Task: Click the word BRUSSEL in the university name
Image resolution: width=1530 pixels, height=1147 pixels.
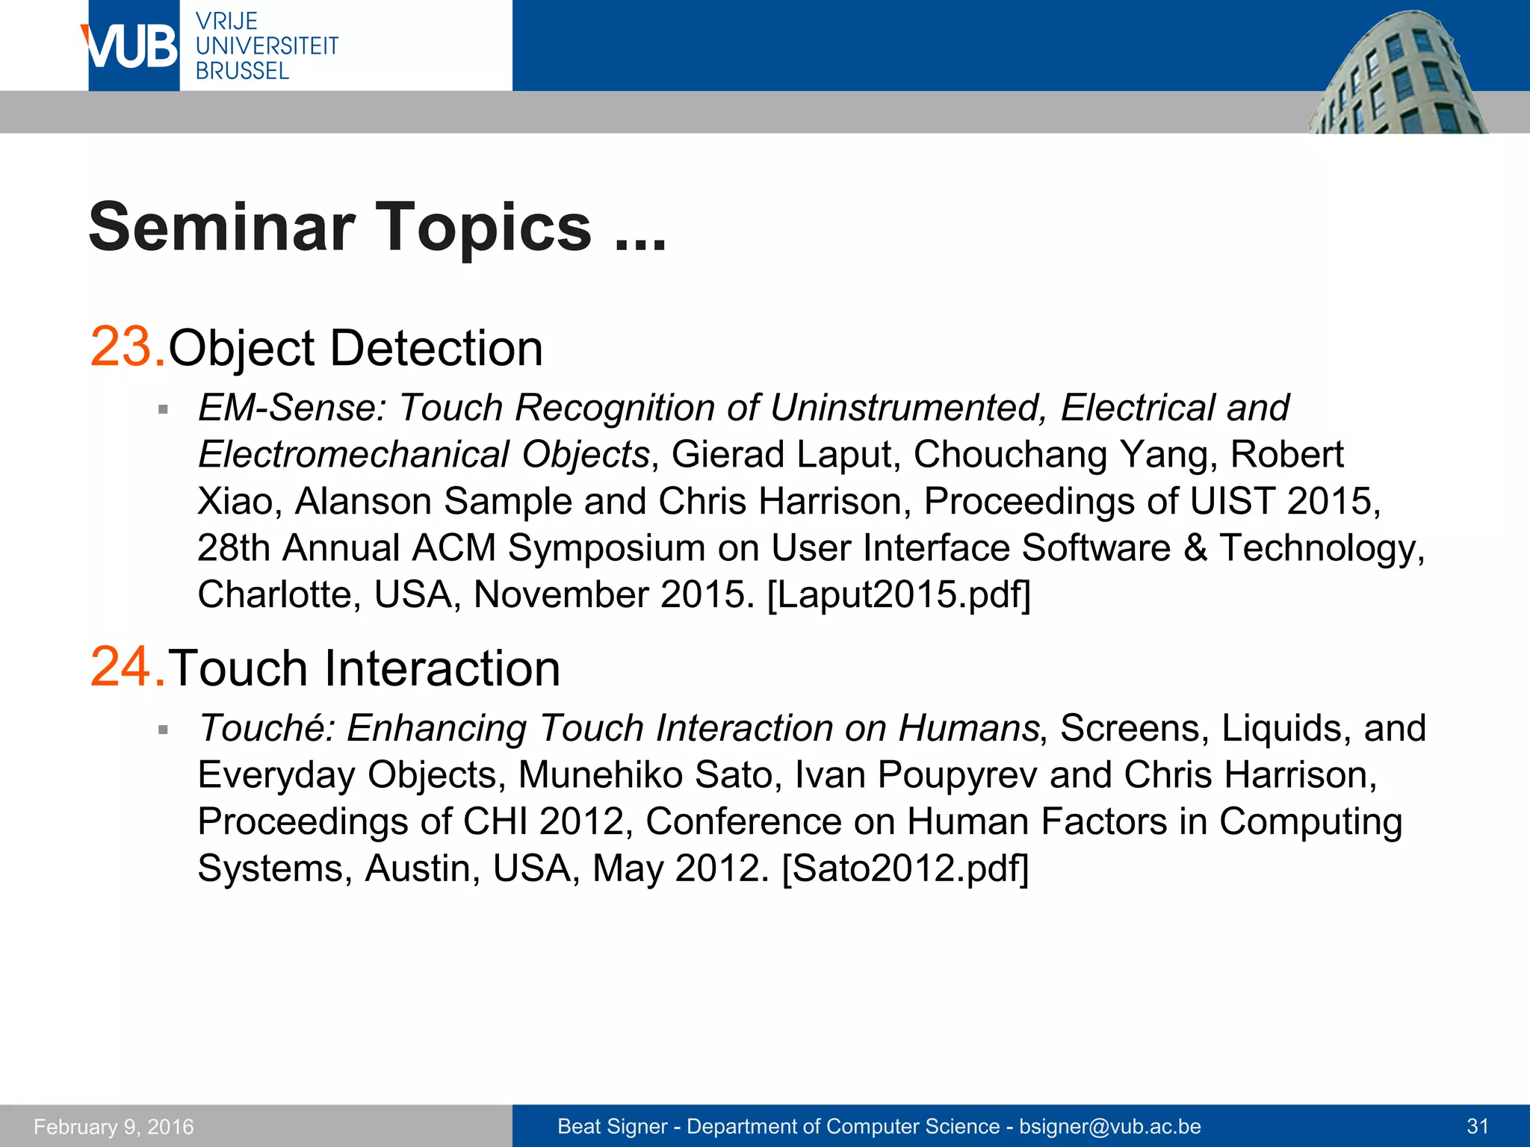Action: click(x=242, y=72)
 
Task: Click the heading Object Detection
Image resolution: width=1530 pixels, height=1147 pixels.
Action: click(x=356, y=349)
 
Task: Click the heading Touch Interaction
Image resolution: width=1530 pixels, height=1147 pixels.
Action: click(x=364, y=668)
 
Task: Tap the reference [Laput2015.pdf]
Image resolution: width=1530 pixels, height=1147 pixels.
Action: click(x=899, y=595)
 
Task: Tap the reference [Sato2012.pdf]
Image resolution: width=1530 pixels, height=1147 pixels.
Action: click(x=905, y=868)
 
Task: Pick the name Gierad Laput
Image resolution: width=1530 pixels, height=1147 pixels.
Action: click(x=781, y=455)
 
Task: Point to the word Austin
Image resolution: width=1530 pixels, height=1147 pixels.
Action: click(x=422, y=868)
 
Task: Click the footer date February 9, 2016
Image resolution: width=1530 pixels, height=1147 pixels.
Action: click(x=114, y=1127)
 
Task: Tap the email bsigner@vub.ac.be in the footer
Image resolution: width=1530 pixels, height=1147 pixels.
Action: click(x=1110, y=1127)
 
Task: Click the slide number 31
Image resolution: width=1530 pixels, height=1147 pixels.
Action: click(x=1478, y=1127)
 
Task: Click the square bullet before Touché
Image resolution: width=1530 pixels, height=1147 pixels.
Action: click(x=163, y=730)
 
